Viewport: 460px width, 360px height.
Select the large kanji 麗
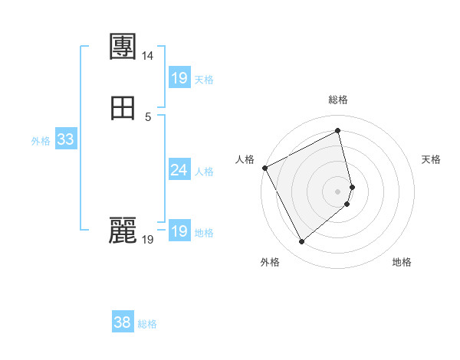[x=123, y=231]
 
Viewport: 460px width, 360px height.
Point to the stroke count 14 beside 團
[x=148, y=56]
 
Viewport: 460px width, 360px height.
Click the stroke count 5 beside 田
[x=148, y=117]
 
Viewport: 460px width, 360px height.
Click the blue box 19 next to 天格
[x=179, y=78]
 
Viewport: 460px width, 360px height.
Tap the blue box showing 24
[x=179, y=170]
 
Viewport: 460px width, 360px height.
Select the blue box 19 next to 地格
[x=179, y=232]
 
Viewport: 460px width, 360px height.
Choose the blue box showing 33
[x=65, y=139]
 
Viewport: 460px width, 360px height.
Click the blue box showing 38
[x=122, y=322]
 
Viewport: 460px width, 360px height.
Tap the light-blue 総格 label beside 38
[x=147, y=324]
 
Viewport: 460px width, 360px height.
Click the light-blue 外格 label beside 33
[x=41, y=141]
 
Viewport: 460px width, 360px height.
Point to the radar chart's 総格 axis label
[x=338, y=100]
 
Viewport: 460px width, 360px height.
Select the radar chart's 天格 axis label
[x=432, y=159]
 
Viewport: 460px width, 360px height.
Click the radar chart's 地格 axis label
[x=402, y=262]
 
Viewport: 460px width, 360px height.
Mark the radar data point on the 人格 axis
[x=264, y=168]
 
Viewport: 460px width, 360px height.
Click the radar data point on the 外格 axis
[x=301, y=242]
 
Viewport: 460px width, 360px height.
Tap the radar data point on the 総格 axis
[x=338, y=131]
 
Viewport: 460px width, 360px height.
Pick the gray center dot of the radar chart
[x=338, y=191]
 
